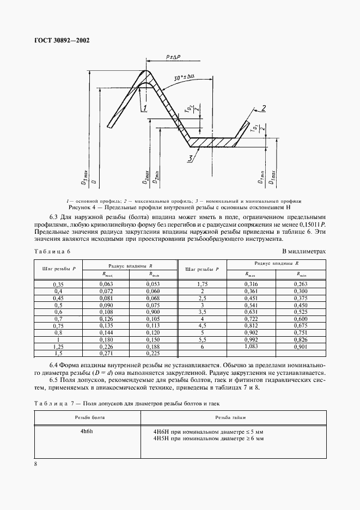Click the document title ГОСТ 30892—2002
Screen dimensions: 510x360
[63, 40]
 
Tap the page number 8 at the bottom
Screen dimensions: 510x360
[35, 464]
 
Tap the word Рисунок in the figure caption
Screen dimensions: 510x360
[82, 208]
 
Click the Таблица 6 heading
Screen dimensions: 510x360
[52, 251]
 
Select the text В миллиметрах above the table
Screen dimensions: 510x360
[304, 251]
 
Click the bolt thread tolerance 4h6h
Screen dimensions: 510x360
[87, 431]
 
